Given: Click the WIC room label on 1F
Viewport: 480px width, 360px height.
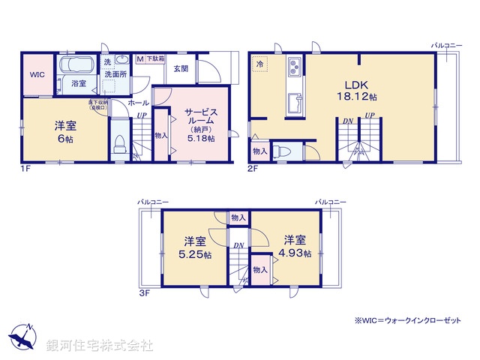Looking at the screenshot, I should click(37, 75).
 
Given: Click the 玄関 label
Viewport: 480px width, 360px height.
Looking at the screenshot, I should click(181, 68).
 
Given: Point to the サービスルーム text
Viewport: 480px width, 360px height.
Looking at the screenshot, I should click(200, 115).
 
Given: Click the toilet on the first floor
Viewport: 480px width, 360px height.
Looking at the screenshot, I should click(118, 145).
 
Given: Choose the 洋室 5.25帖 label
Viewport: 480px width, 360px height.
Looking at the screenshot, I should click(196, 247).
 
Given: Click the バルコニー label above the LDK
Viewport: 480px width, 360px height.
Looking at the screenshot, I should click(446, 45).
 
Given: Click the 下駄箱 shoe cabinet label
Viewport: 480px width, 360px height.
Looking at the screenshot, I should click(155, 58).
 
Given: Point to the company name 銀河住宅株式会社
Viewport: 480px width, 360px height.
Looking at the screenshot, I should click(100, 346).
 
